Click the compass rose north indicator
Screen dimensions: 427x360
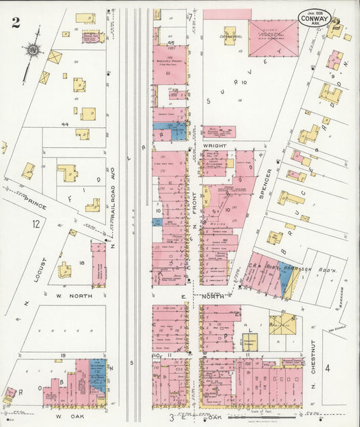[31, 49]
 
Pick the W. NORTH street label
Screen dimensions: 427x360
[68, 295]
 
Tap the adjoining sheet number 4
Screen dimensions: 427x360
[328, 368]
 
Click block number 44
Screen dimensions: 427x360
[66, 124]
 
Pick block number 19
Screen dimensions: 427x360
[62, 355]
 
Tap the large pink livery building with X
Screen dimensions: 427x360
[273, 38]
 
